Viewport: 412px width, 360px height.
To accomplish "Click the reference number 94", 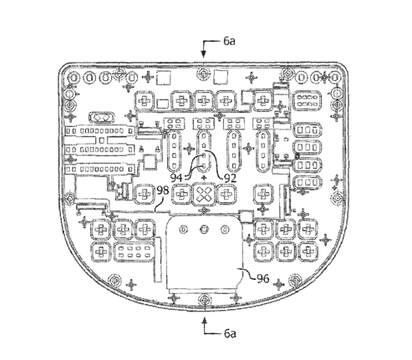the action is [x=176, y=177].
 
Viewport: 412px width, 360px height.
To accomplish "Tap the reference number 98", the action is [x=163, y=190].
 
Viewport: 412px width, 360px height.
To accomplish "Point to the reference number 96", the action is [x=263, y=278].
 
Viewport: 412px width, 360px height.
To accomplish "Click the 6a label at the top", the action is [x=229, y=41].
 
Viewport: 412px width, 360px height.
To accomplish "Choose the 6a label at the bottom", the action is [x=230, y=333].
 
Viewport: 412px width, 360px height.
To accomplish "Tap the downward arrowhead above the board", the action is [x=204, y=54].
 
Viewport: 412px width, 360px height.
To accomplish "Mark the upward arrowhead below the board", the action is [x=205, y=321].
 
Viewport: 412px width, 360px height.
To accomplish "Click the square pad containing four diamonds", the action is [x=205, y=194].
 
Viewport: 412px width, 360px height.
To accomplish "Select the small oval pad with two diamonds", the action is [x=102, y=118].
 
